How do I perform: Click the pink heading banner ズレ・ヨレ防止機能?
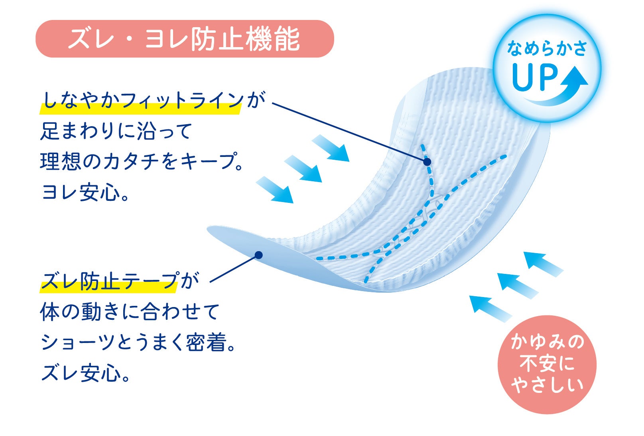[184, 39]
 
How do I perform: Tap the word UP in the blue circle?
[535, 78]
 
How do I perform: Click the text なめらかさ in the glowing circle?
[547, 49]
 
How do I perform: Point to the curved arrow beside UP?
[566, 88]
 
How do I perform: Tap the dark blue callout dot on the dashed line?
[427, 162]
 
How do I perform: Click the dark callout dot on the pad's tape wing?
[258, 255]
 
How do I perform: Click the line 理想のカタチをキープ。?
[142, 162]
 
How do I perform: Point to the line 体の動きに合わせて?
[130, 312]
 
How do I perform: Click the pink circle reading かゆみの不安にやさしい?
[547, 364]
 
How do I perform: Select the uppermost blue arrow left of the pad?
[331, 148]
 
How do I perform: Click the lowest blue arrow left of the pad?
[275, 190]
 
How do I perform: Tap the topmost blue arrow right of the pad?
[543, 264]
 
